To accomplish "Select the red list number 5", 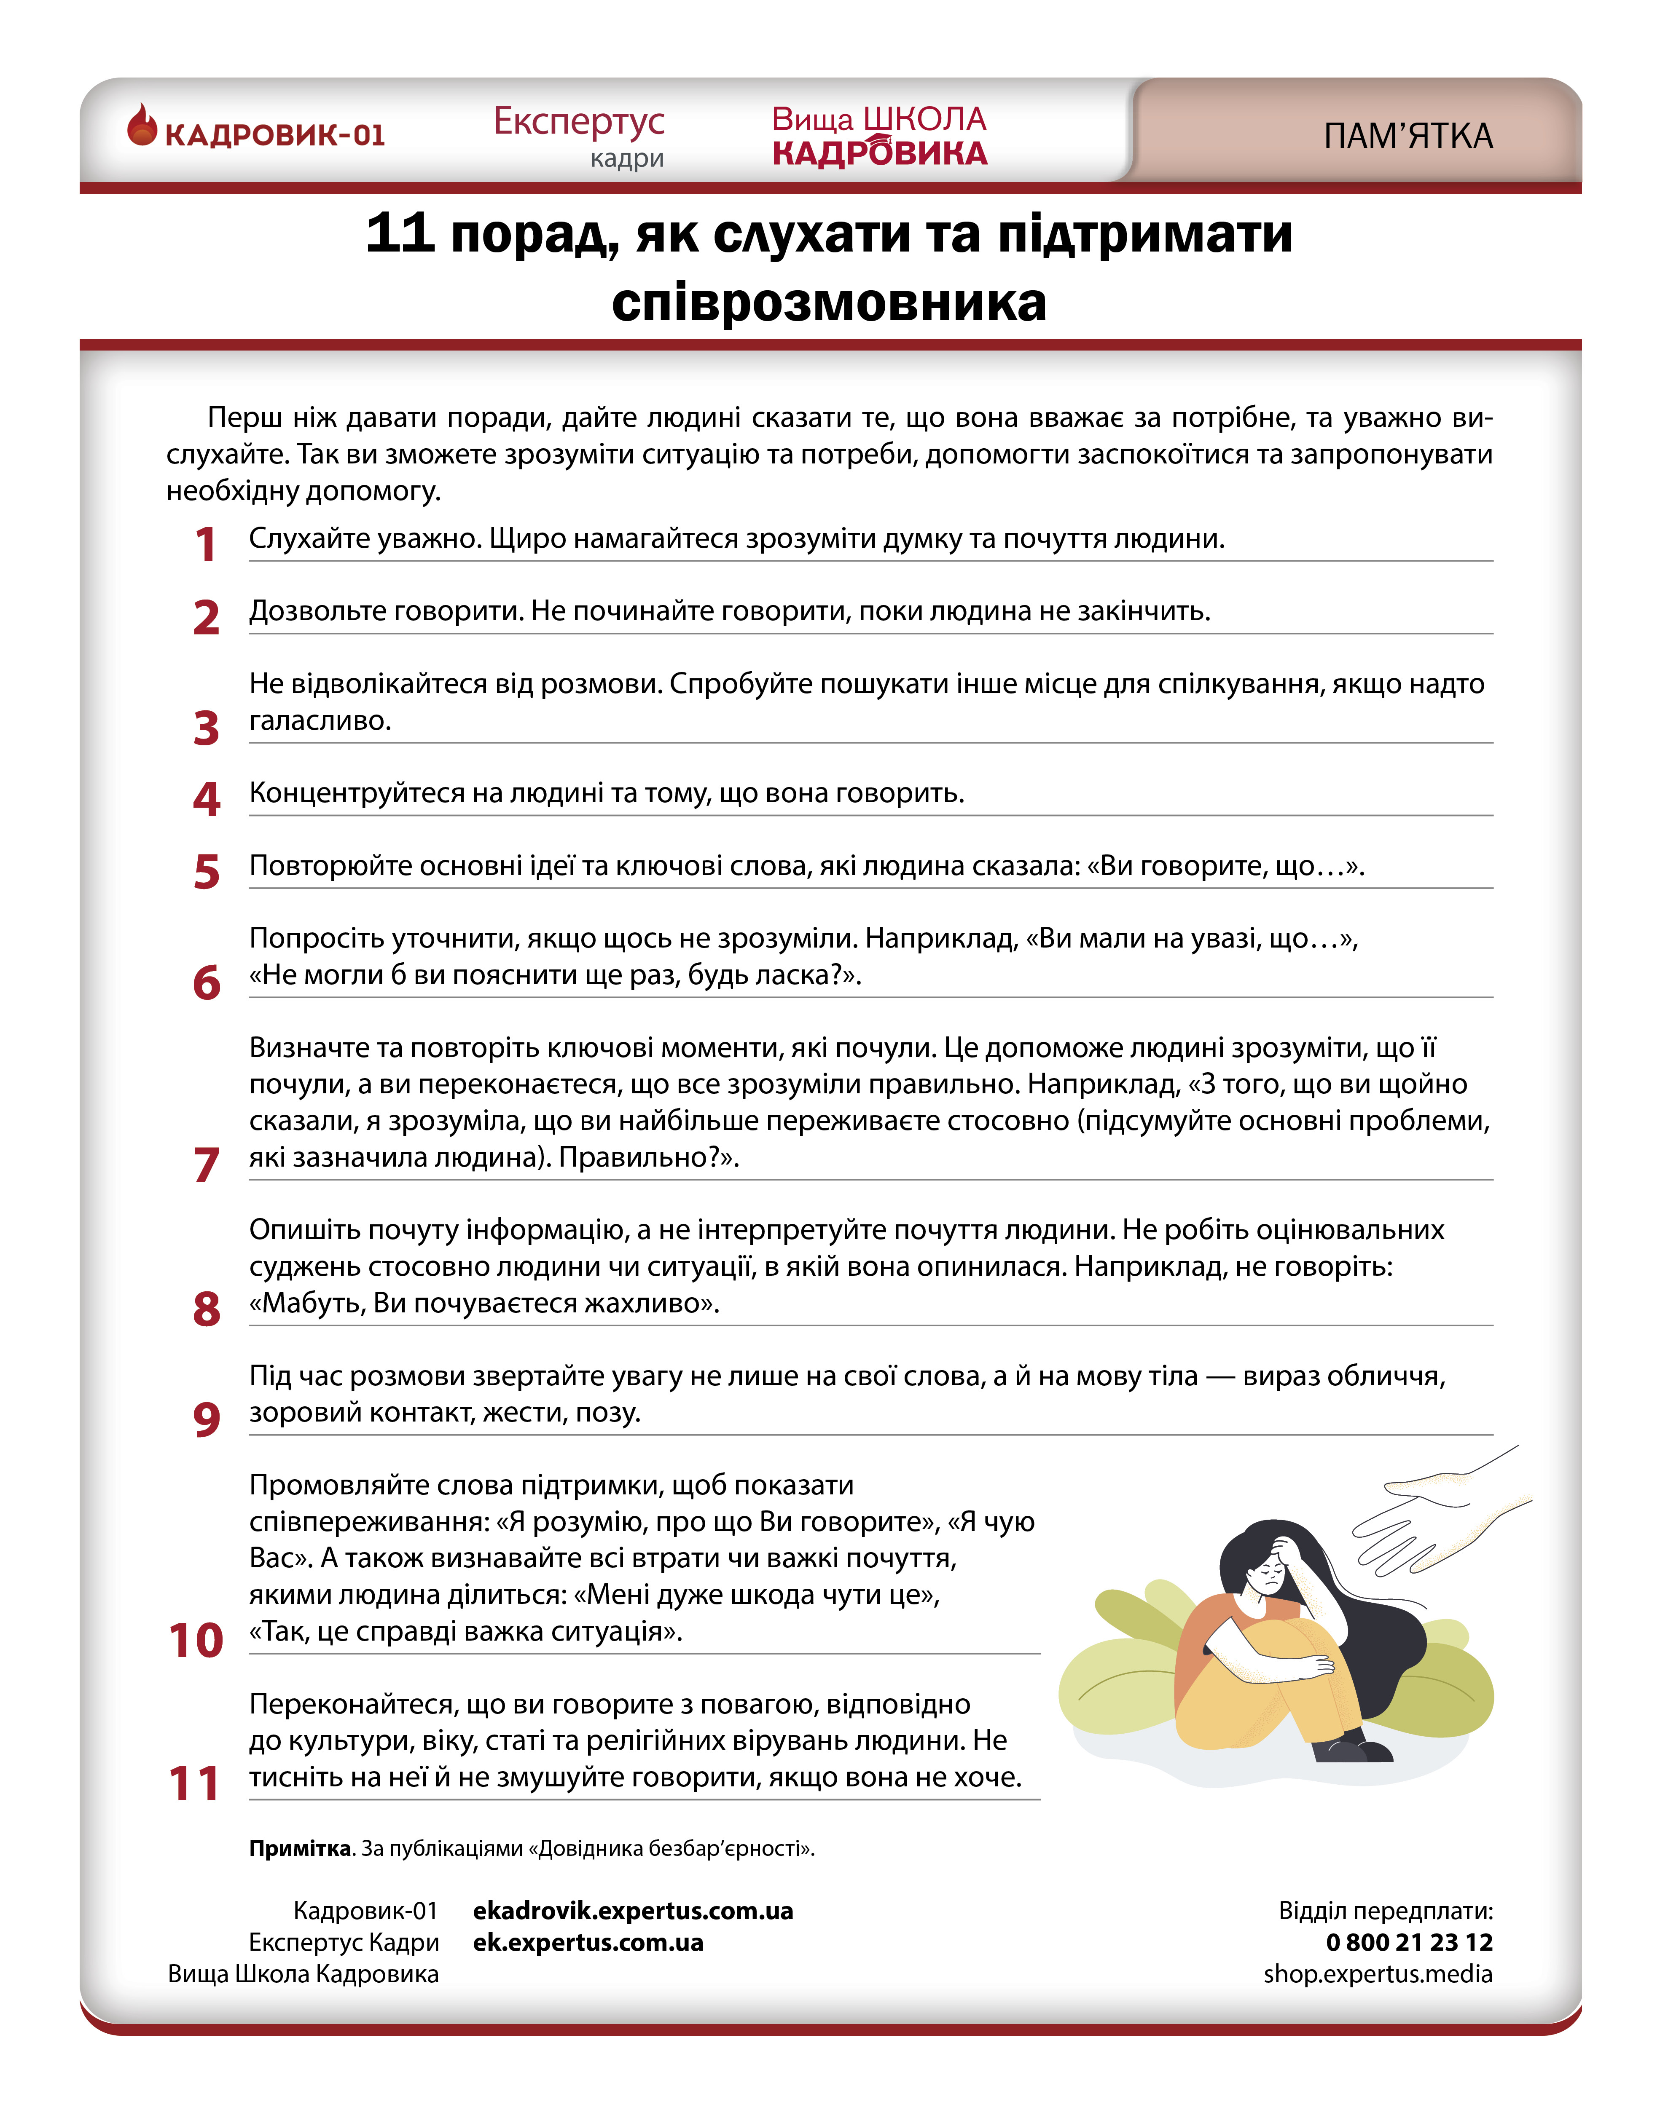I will [206, 871].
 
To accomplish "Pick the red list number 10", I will [195, 1640].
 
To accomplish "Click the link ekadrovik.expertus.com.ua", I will [633, 1911].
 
